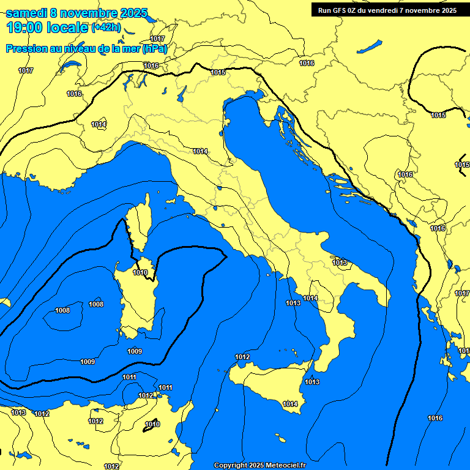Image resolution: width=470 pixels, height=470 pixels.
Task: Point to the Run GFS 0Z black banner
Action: [x=387, y=10]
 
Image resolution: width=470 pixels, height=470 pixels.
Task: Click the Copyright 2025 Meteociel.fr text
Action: [x=259, y=465]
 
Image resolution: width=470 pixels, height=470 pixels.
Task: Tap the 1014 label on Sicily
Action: [x=290, y=404]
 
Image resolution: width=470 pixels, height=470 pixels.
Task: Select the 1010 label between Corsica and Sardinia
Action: [x=140, y=272]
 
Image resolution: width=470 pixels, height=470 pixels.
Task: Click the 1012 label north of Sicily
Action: [x=242, y=357]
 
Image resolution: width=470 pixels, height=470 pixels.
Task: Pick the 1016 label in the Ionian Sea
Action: [x=435, y=418]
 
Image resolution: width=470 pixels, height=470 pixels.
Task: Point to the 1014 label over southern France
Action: [x=99, y=124]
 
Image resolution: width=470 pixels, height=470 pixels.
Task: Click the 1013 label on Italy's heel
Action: [x=340, y=263]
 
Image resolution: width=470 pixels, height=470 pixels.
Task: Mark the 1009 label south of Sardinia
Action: [x=135, y=351]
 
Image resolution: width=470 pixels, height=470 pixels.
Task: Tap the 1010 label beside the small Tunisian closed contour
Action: [x=152, y=424]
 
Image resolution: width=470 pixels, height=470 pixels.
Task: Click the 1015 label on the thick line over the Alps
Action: [x=218, y=72]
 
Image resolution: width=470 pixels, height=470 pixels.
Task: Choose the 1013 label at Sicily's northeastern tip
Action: [x=312, y=382]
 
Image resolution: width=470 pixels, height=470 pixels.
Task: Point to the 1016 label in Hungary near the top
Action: [x=307, y=63]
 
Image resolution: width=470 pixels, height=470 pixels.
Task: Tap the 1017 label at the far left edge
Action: [x=26, y=70]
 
